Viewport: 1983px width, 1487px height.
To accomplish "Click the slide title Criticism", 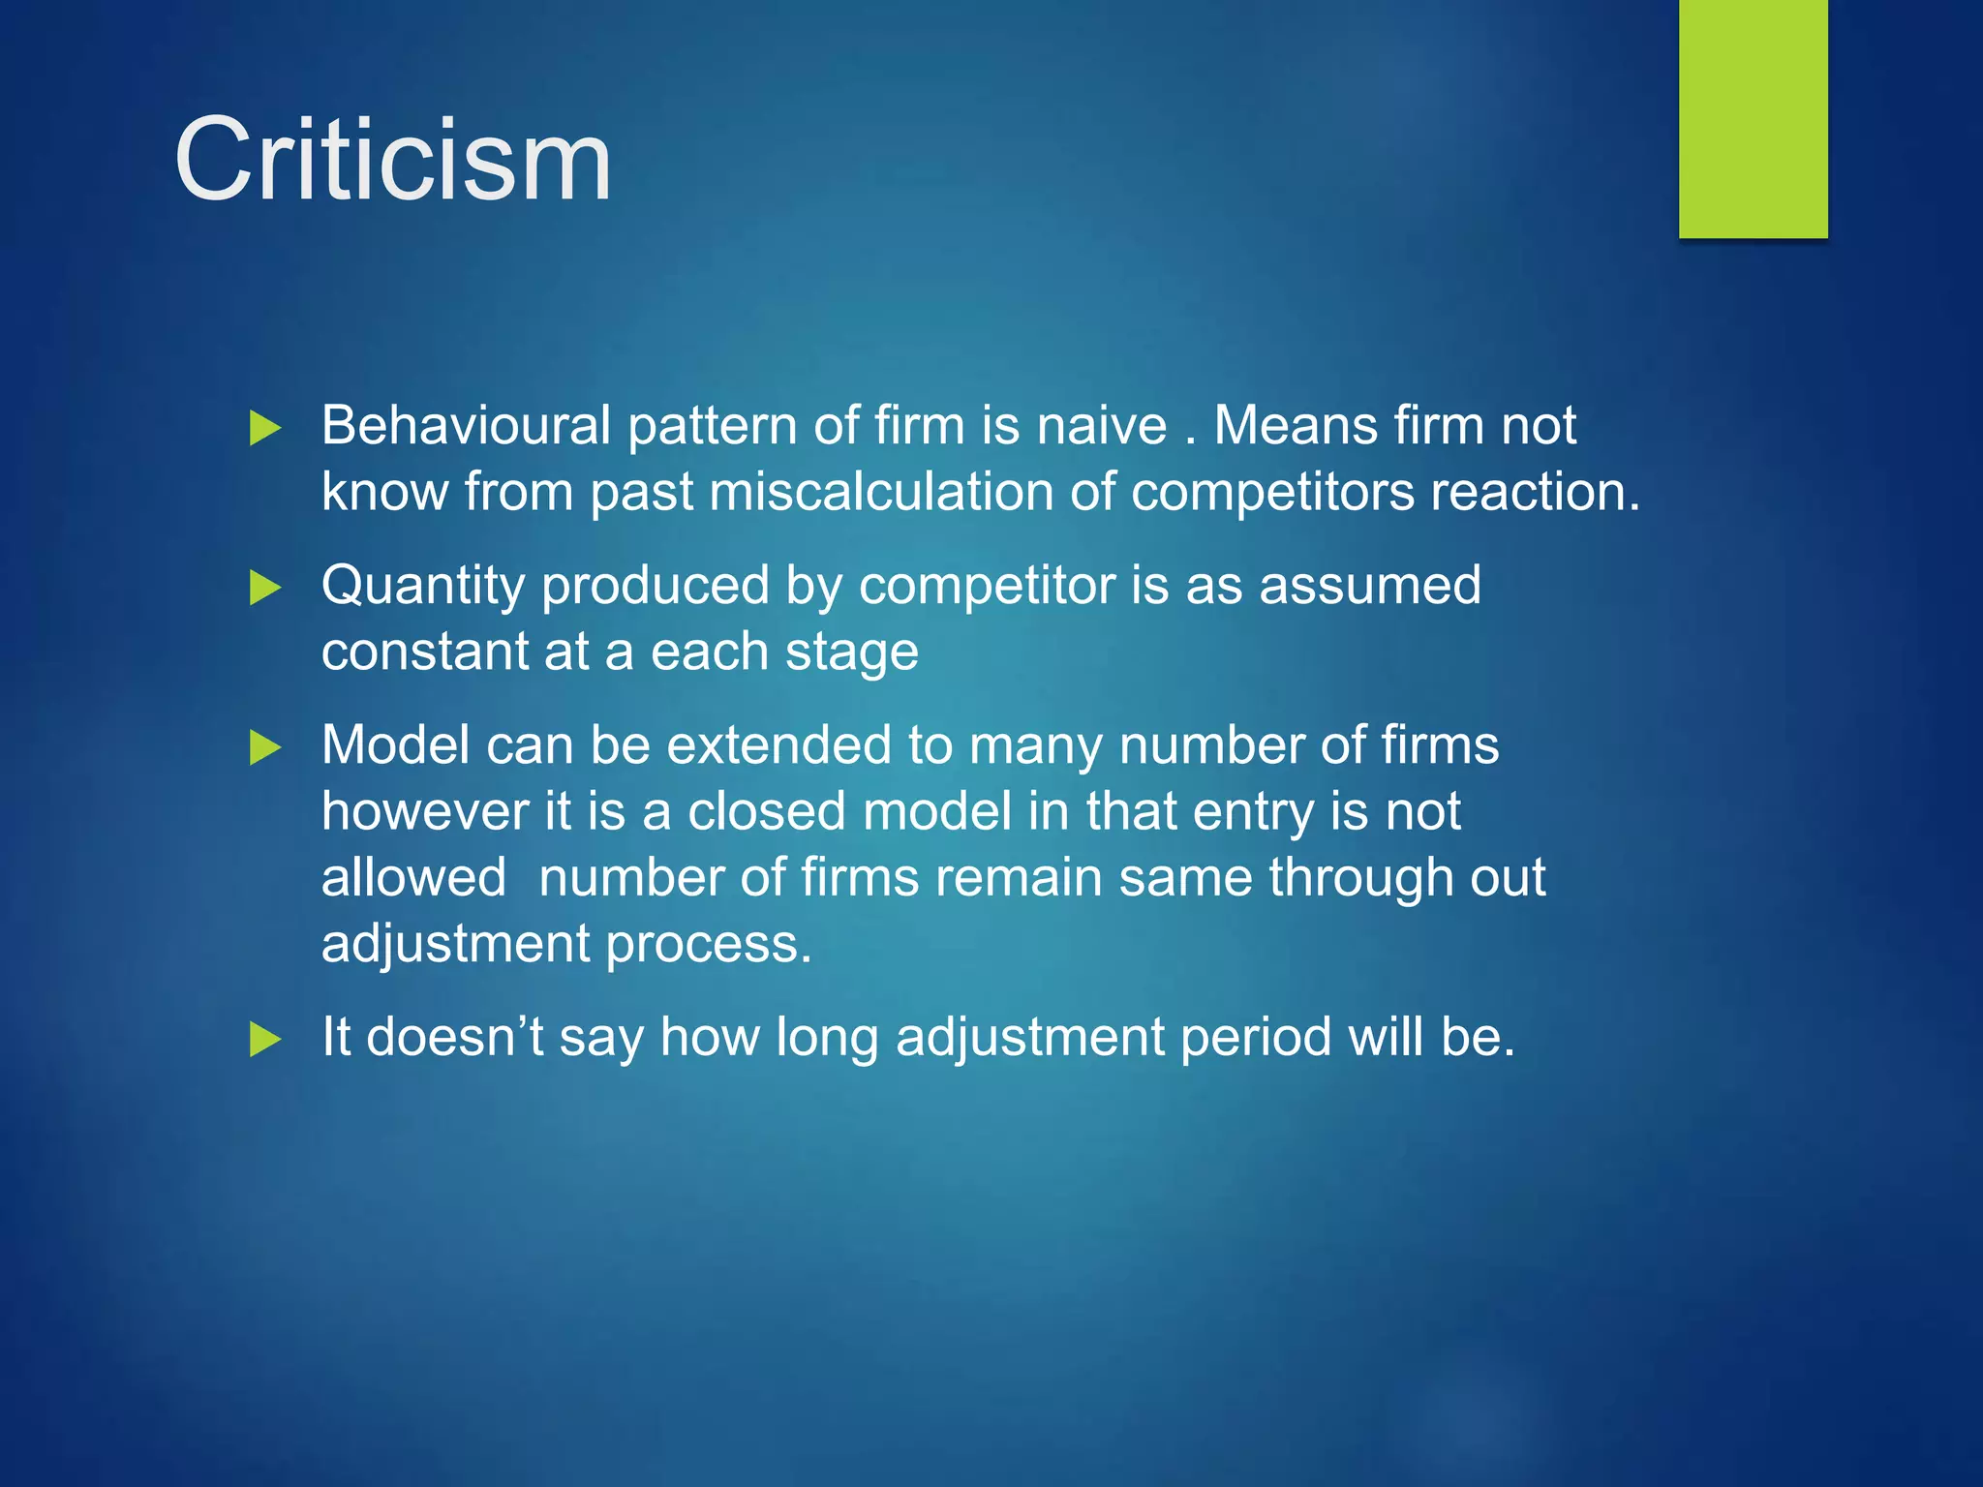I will [393, 160].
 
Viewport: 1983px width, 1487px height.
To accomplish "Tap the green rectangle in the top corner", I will [1753, 118].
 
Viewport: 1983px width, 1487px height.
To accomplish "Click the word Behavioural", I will [466, 425].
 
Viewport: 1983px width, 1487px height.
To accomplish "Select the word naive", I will [1102, 425].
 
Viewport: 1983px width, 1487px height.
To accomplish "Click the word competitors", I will [1272, 492].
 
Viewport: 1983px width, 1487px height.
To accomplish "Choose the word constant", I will [424, 652].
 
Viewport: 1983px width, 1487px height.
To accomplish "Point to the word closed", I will [766, 811].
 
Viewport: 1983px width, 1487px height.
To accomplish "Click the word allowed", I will [413, 877].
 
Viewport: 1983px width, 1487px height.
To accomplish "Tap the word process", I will [708, 945].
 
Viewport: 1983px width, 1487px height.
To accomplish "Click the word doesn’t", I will [455, 1037].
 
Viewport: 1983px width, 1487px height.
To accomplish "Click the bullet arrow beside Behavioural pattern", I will [265, 427].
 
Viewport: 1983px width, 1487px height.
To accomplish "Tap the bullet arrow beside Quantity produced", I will [265, 587].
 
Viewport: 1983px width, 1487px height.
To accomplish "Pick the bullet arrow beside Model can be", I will [265, 746].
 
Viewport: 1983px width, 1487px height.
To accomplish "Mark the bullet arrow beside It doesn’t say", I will [265, 1039].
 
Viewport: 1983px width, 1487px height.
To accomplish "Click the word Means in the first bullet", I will [1295, 425].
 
